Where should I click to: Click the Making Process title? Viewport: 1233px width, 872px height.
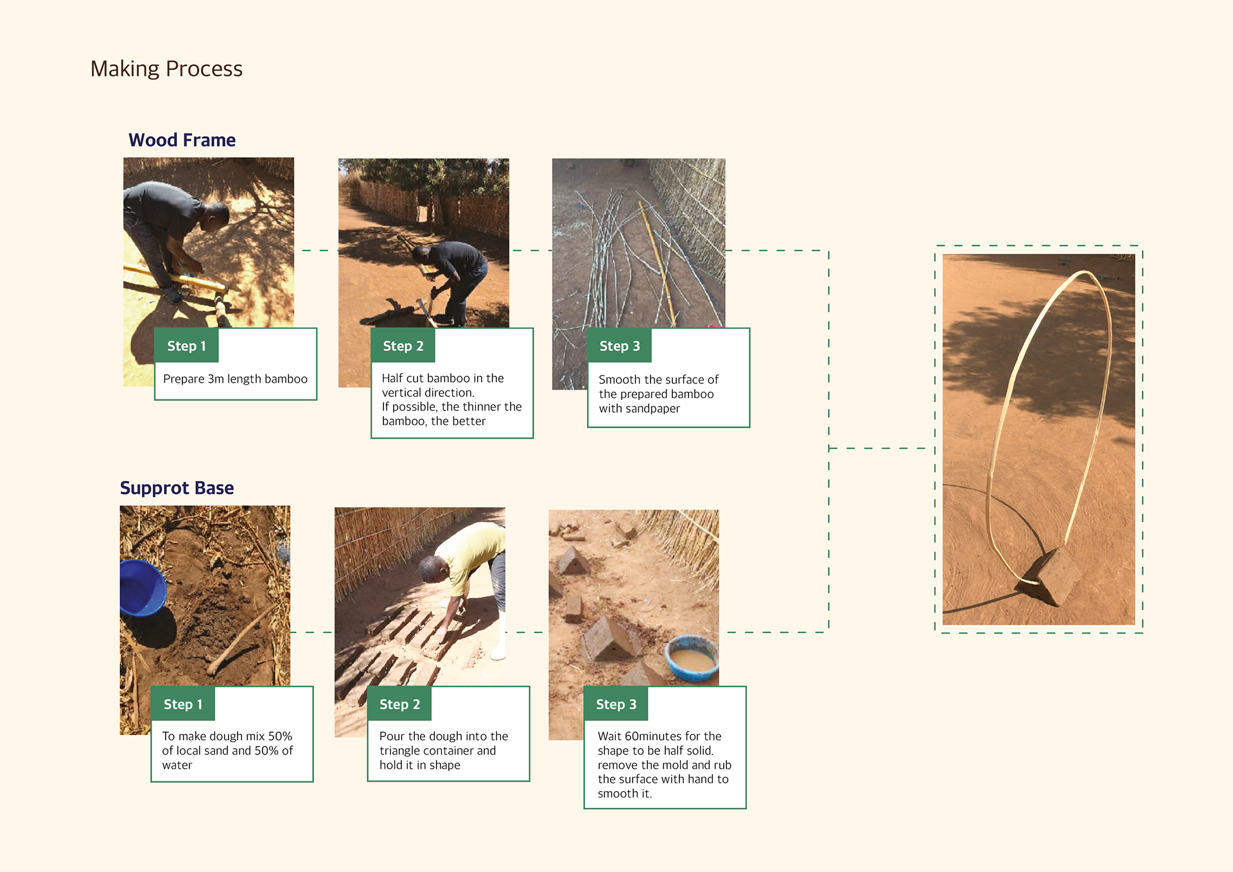pyautogui.click(x=166, y=69)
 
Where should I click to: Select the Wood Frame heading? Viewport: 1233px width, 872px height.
pyautogui.click(x=182, y=140)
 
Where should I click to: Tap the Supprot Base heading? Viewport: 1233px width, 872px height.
pyautogui.click(x=177, y=488)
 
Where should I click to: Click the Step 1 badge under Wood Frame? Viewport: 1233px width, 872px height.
pyautogui.click(x=186, y=345)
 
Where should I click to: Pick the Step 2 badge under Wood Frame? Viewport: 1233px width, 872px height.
pyautogui.click(x=403, y=345)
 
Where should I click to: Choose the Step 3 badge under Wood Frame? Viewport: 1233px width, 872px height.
pyautogui.click(x=619, y=345)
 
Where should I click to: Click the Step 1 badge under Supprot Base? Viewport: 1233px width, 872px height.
pyautogui.click(x=182, y=704)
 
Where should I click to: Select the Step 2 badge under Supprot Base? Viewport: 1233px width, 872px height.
pyautogui.click(x=399, y=704)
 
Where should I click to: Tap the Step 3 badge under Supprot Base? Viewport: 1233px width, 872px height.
pyautogui.click(x=615, y=704)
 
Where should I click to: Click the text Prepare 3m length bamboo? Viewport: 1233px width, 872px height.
pyautogui.click(x=235, y=379)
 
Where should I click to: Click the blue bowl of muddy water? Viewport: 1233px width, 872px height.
pyautogui.click(x=692, y=658)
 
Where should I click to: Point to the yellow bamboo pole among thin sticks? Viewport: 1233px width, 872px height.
pyautogui.click(x=657, y=263)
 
